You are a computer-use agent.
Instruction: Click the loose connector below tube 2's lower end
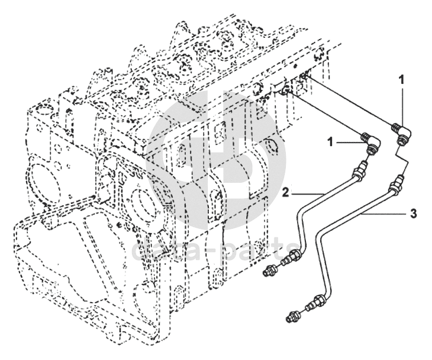coord(270,271)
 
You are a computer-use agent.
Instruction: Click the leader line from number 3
coord(382,215)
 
